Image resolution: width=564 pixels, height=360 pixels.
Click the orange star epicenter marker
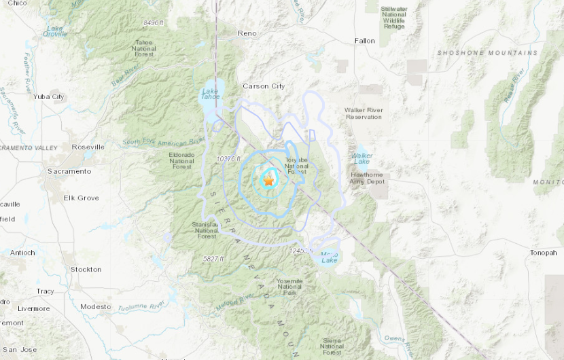[x=268, y=181]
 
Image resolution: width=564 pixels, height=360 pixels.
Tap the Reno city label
[x=247, y=33]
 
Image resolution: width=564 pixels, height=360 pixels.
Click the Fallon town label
[x=364, y=41]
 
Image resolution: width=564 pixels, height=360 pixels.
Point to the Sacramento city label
[x=69, y=171]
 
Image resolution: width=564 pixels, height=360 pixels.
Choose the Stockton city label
[x=86, y=270]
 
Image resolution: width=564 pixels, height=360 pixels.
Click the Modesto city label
[x=95, y=306]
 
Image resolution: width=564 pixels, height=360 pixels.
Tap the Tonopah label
[x=543, y=253]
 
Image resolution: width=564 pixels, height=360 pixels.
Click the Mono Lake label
[x=329, y=257]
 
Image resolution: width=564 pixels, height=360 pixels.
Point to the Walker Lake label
[x=362, y=158]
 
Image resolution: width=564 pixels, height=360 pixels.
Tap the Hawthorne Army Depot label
[x=366, y=178]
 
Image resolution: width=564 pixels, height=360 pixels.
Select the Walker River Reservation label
[x=364, y=113]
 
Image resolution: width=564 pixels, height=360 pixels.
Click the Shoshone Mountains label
[x=487, y=53]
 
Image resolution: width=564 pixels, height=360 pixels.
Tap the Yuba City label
[x=49, y=97]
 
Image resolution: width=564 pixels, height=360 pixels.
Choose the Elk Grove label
[x=81, y=198]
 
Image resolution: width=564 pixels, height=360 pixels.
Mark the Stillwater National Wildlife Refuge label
[x=393, y=18]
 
